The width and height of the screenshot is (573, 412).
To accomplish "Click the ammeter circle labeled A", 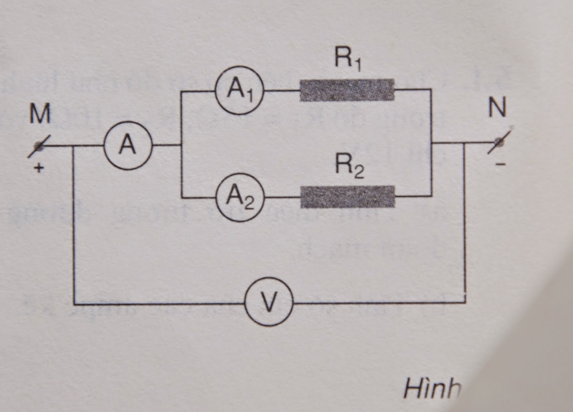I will [128, 146].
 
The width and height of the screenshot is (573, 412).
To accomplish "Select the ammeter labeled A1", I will [239, 90].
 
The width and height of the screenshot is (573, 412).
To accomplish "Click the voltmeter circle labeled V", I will [269, 302].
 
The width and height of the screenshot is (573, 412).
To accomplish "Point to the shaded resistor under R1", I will [347, 90].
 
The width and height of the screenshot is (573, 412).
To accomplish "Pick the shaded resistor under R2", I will [348, 197].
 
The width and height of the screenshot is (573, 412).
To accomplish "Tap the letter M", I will [39, 114].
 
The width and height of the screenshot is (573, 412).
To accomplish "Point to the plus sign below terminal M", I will [39, 167].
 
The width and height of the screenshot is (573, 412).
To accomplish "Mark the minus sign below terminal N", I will [501, 164].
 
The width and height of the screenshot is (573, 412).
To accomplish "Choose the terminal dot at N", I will [500, 142].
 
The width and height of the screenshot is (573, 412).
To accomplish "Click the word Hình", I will [432, 388].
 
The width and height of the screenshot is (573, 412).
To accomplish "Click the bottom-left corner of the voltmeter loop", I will [74, 304].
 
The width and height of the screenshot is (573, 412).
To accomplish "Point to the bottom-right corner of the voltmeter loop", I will [465, 302].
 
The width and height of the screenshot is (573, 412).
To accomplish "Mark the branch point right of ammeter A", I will [182, 145].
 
